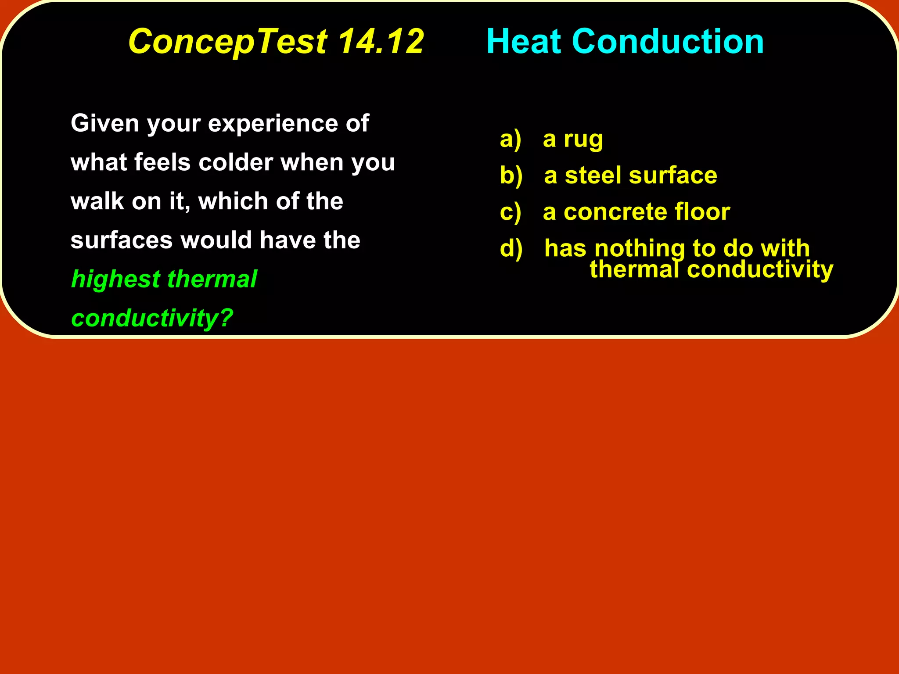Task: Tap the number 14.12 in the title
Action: (381, 41)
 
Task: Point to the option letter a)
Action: (511, 140)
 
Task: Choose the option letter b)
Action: (511, 176)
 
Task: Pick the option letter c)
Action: (511, 212)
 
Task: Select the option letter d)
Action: (511, 249)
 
